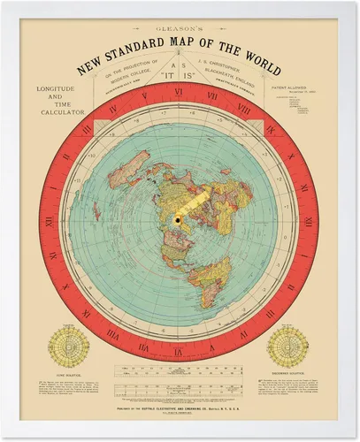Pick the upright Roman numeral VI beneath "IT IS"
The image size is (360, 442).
[x=179, y=92]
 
